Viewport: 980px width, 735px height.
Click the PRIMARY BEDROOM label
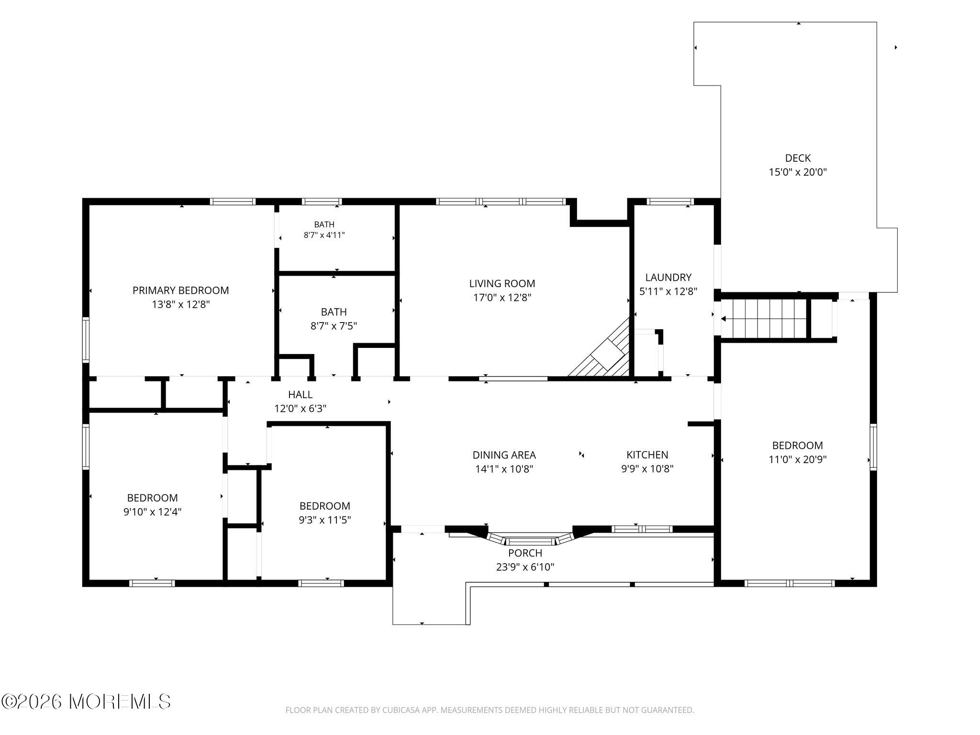click(180, 290)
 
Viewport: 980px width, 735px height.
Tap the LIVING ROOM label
click(502, 284)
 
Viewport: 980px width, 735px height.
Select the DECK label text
click(798, 158)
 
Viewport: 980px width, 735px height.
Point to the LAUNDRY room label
click(668, 278)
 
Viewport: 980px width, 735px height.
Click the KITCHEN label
click(647, 455)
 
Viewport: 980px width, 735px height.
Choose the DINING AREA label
click(504, 455)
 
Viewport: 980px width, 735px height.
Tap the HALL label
click(300, 395)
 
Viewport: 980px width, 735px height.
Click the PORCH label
click(525, 553)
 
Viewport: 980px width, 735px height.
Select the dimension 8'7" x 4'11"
click(324, 235)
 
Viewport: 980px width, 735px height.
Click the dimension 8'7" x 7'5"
click(334, 326)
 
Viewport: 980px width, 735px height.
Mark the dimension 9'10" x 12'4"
click(152, 512)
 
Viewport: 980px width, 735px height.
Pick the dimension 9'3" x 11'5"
click(324, 520)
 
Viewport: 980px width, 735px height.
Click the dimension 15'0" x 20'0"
click(798, 172)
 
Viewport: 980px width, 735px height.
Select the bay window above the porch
click(530, 539)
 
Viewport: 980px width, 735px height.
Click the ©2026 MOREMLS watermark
click(86, 702)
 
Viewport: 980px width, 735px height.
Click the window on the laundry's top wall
click(670, 201)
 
